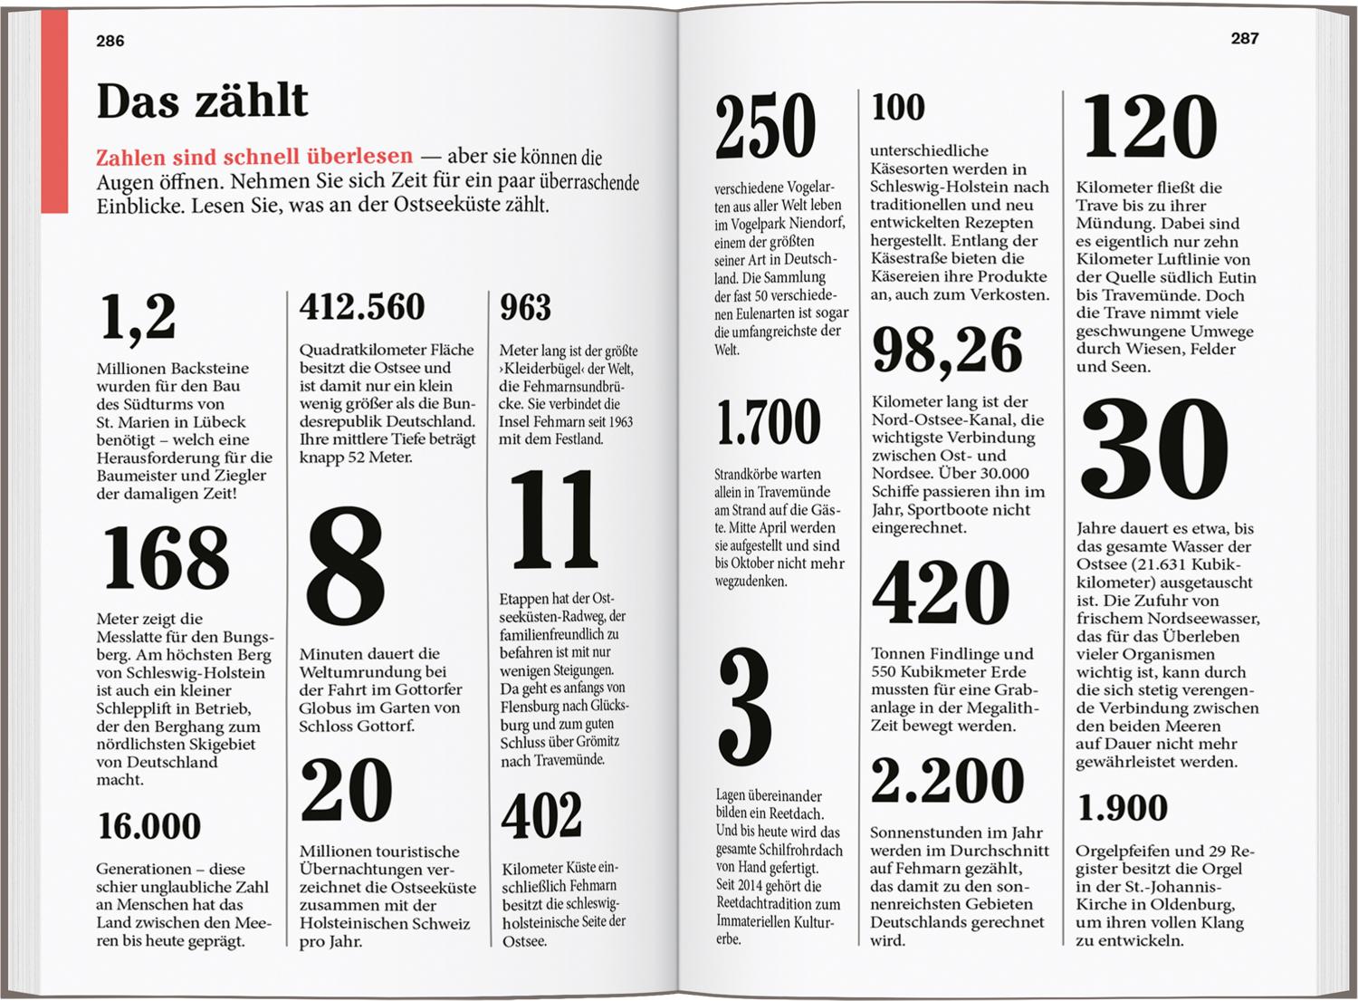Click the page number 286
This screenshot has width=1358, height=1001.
pos(110,41)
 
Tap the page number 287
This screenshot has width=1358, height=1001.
pos(1245,38)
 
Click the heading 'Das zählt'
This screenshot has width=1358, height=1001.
pos(202,101)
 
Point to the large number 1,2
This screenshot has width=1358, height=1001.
pos(138,317)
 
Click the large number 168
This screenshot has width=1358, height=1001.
pos(166,557)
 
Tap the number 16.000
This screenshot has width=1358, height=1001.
pos(149,825)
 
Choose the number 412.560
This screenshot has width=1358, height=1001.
pos(362,307)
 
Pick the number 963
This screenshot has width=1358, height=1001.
pos(525,308)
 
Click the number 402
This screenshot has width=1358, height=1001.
pos(541,815)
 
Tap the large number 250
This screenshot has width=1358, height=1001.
pos(766,126)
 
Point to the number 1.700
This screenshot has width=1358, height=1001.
pos(768,422)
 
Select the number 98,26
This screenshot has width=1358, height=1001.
pos(947,350)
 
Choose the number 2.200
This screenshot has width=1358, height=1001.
pos(947,780)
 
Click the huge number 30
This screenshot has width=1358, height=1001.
pos(1154,450)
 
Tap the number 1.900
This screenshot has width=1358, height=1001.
pos(1123,807)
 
